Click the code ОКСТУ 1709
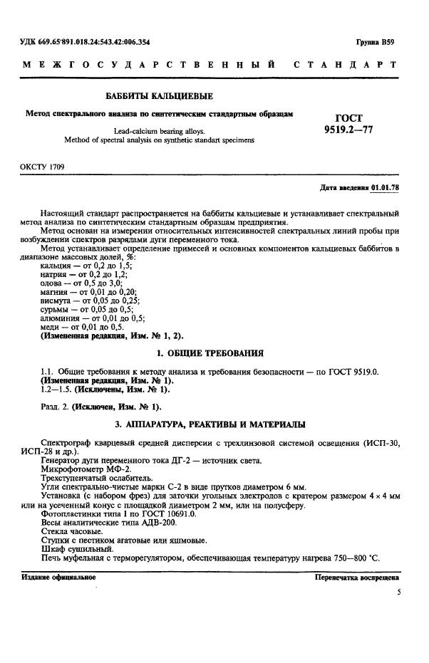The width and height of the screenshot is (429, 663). [x=43, y=167]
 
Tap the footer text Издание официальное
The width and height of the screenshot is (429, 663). [x=56, y=577]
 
